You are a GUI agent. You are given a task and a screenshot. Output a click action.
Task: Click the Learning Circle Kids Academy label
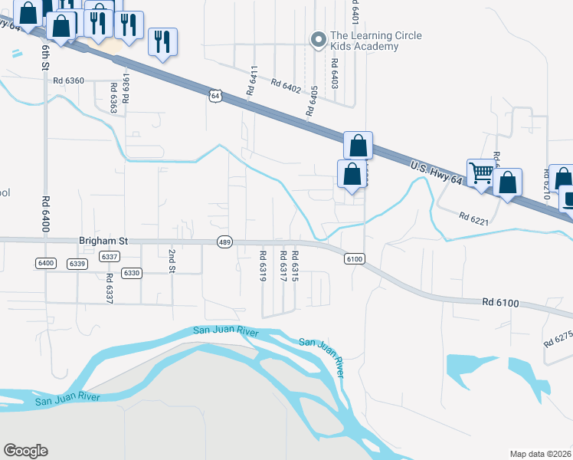click(364, 41)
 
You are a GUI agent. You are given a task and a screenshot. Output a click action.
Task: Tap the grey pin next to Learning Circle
click(318, 39)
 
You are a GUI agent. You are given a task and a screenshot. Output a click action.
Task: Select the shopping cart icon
click(480, 172)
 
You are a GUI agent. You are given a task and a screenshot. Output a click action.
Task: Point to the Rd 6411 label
click(250, 80)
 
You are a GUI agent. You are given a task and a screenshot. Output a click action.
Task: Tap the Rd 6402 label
click(280, 87)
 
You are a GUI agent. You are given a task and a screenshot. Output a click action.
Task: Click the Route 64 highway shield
click(215, 96)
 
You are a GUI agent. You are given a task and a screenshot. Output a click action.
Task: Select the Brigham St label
click(103, 240)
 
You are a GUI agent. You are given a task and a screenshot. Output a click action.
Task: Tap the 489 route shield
click(224, 242)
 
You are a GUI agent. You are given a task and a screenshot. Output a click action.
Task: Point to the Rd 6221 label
click(473, 218)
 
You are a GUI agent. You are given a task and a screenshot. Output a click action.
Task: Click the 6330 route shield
click(132, 273)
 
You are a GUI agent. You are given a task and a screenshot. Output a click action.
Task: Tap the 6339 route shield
click(77, 264)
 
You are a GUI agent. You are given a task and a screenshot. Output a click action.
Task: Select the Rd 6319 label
click(262, 265)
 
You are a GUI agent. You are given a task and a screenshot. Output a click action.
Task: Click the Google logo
click(25, 451)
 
